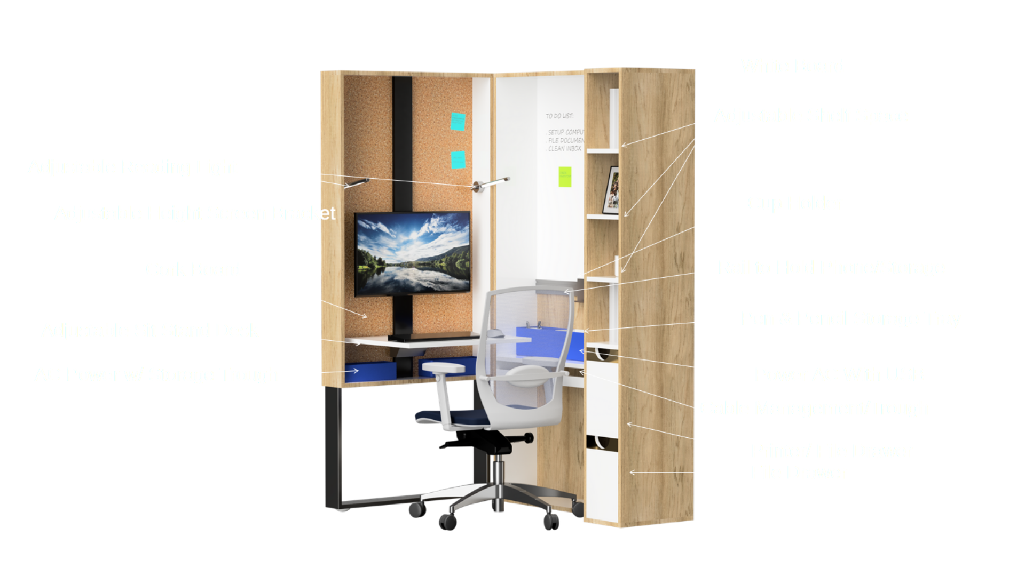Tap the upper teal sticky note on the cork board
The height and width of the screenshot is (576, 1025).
pos(458,121)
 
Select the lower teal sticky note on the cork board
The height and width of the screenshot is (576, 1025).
pos(458,159)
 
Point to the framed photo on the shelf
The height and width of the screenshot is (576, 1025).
pos(612,189)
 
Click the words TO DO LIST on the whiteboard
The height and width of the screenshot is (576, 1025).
pos(559,116)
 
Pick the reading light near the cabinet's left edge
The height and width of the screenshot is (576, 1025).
pos(357,183)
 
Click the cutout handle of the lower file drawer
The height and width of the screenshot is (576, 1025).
pos(601,442)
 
